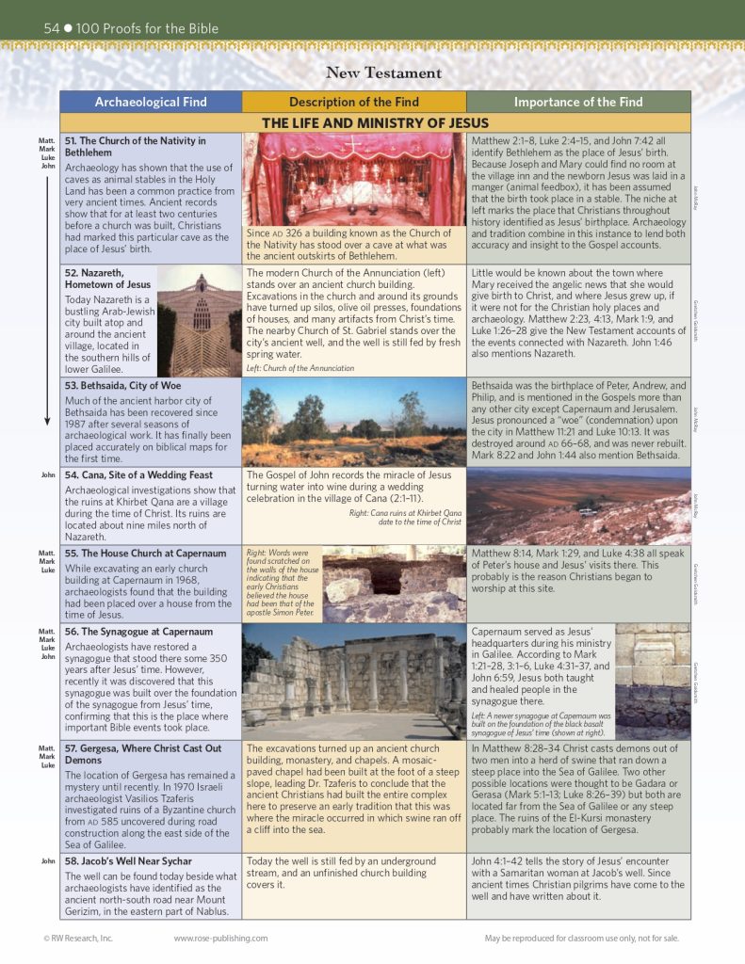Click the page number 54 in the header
click(52, 28)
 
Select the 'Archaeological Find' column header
click(150, 102)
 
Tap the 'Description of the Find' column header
click(353, 102)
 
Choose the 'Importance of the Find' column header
click(578, 102)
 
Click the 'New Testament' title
click(383, 72)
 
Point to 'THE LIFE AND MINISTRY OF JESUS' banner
click(375, 123)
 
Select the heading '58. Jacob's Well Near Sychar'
click(128, 861)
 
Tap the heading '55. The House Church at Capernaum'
click(145, 554)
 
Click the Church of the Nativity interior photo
click(354, 179)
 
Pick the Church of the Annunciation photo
click(200, 320)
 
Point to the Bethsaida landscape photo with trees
click(354, 422)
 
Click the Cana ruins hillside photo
click(577, 505)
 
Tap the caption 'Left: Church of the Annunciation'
click(300, 368)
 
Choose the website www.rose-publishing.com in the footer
click(220, 938)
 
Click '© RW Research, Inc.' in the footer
click(78, 938)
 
